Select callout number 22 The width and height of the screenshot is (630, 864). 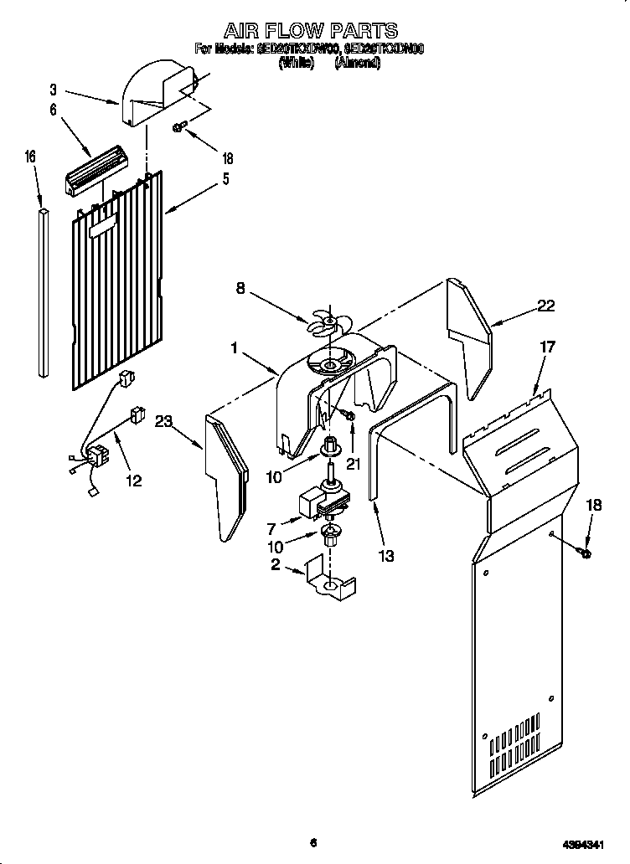point(546,306)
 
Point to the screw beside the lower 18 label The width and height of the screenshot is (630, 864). point(584,553)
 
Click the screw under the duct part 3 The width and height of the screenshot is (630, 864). point(179,127)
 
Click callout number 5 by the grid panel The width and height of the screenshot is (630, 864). point(225,178)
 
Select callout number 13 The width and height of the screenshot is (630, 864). point(385,555)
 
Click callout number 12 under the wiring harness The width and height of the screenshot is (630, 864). point(132,480)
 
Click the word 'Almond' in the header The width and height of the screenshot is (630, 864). point(359,63)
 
